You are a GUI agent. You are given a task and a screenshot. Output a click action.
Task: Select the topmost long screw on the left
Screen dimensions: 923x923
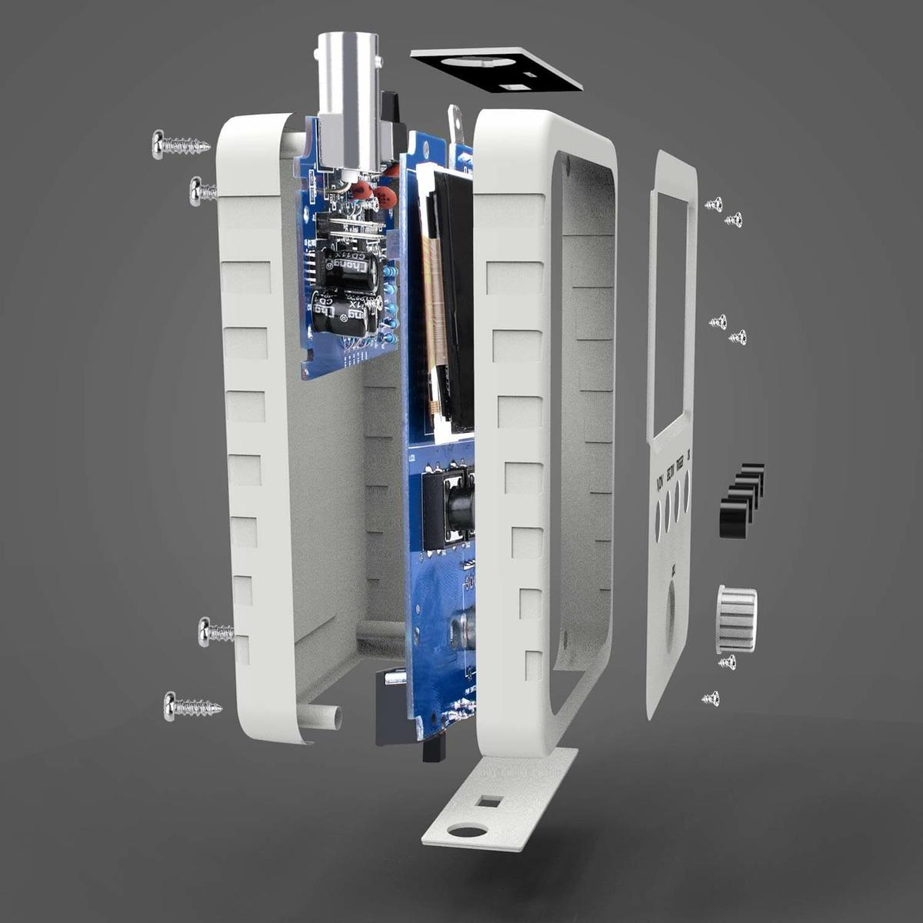(x=180, y=144)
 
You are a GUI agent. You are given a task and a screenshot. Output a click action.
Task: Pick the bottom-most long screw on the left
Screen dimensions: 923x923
(x=192, y=706)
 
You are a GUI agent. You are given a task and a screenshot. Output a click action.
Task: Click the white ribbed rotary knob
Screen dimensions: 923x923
(x=737, y=618)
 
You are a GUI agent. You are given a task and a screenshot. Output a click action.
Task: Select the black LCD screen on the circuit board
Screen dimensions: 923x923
(x=455, y=300)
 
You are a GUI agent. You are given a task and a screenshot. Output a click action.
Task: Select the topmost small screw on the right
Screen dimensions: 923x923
(x=714, y=204)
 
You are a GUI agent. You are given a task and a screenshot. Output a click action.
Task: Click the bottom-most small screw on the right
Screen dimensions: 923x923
(x=711, y=698)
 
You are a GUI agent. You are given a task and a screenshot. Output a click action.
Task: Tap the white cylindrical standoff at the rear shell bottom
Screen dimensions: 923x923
(x=323, y=716)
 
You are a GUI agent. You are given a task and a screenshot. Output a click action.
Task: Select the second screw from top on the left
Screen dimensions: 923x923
(x=202, y=191)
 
